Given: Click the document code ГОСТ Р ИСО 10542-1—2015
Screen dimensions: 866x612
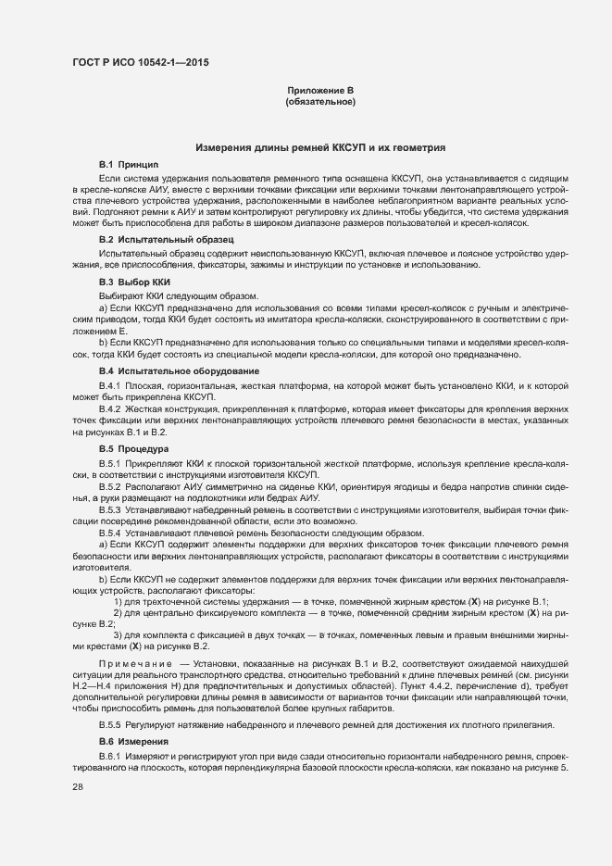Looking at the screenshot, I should click(x=138, y=62).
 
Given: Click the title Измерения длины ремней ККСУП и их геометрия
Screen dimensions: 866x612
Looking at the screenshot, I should click(x=320, y=147).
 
